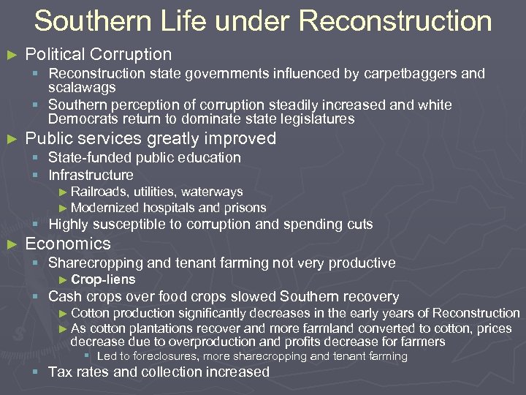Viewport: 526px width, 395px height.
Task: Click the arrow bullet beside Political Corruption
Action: point(10,55)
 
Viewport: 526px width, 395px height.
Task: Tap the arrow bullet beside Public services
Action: point(10,139)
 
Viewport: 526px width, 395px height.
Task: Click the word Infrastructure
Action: point(91,175)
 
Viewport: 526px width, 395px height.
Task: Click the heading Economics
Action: point(68,244)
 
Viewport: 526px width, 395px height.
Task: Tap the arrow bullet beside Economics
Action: point(10,244)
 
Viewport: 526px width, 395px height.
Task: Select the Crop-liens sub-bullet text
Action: point(103,279)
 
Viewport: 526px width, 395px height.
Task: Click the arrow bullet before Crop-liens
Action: point(63,279)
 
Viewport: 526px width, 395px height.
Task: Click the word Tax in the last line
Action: point(60,372)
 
